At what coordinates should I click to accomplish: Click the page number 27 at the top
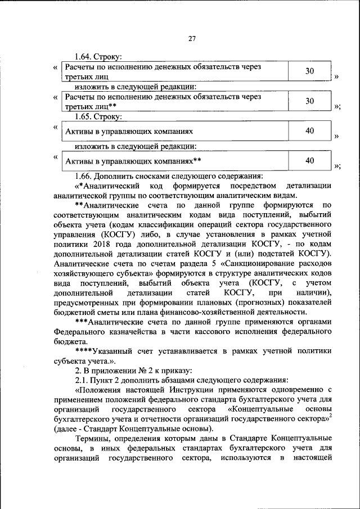(191, 39)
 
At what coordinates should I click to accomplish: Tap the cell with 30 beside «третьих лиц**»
(309, 101)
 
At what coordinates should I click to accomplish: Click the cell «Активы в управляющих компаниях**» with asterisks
(134, 161)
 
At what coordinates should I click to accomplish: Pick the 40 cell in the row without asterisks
(309, 131)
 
